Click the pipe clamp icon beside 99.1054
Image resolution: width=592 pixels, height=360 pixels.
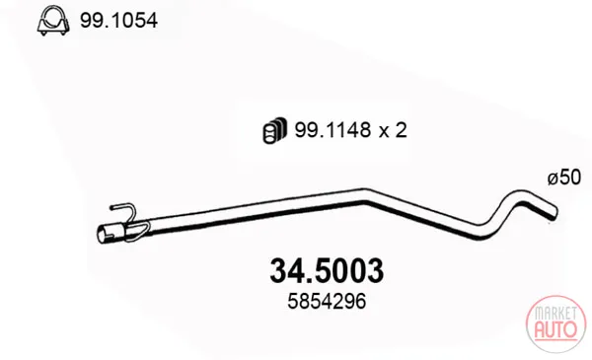(53, 21)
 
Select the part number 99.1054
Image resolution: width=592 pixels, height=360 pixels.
(118, 21)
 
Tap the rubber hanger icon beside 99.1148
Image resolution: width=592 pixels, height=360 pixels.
(274, 130)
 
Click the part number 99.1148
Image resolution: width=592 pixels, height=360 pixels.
(333, 130)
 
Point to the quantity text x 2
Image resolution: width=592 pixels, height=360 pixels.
(393, 130)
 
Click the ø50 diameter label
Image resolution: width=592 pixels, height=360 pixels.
(564, 177)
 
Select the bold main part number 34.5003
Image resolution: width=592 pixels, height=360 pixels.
(327, 271)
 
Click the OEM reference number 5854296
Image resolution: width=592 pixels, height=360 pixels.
(327, 302)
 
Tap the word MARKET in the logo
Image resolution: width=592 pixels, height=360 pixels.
(555, 313)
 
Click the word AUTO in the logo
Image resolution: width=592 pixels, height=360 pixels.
(555, 328)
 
